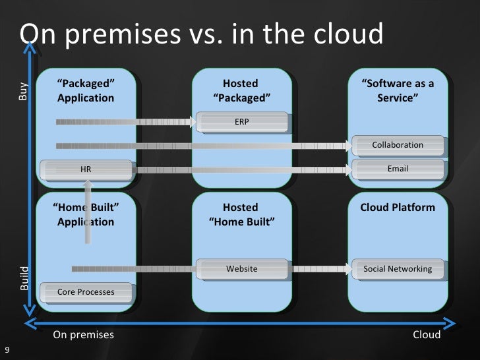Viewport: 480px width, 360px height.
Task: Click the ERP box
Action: pyautogui.click(x=241, y=121)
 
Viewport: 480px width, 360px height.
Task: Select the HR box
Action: pyautogui.click(x=86, y=169)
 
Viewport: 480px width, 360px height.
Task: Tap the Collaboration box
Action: pyautogui.click(x=398, y=144)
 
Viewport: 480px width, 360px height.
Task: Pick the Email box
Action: pyautogui.click(x=398, y=169)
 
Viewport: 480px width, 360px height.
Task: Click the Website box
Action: pyautogui.click(x=241, y=268)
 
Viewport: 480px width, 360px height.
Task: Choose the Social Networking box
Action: pyautogui.click(x=398, y=268)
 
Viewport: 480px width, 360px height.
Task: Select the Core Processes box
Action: pyautogui.click(x=86, y=291)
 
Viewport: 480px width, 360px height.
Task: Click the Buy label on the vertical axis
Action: pyautogui.click(x=24, y=91)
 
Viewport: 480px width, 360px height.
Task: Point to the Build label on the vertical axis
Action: pyautogui.click(x=24, y=278)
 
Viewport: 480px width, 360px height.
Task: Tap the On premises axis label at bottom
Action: pyautogui.click(x=83, y=335)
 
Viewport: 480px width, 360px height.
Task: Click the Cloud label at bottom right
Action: pyautogui.click(x=426, y=335)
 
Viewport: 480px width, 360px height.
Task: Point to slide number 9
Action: pyautogui.click(x=7, y=350)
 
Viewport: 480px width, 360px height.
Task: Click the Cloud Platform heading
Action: pyautogui.click(x=398, y=207)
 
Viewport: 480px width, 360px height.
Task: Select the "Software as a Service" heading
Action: pyautogui.click(x=398, y=91)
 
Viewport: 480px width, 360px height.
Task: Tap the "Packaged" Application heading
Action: pyautogui.click(x=86, y=91)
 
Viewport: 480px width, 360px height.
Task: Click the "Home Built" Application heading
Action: pyautogui.click(x=86, y=214)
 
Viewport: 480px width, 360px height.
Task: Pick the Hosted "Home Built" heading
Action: pyautogui.click(x=241, y=214)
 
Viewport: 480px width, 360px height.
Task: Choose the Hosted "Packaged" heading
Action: pyautogui.click(x=241, y=91)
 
